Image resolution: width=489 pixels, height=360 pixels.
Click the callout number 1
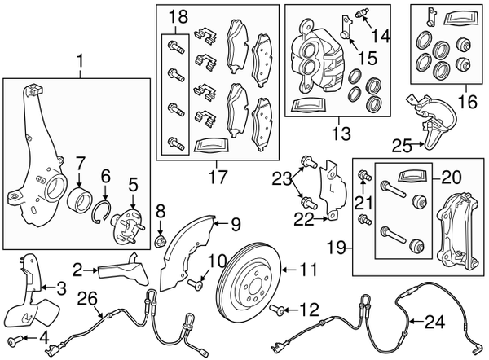(80, 59)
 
